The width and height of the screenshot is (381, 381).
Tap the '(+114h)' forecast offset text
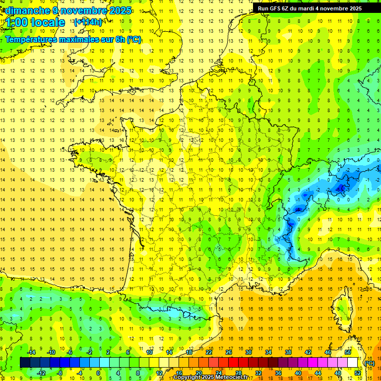88,22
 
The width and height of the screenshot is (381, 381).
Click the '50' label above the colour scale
348,352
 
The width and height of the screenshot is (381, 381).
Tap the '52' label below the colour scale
358,373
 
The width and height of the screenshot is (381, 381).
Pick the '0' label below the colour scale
98,373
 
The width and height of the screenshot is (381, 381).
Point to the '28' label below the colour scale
238,373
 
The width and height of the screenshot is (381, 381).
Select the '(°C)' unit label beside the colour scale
369,363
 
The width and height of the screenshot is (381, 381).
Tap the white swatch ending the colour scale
353,363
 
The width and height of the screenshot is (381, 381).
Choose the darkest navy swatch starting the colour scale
25,363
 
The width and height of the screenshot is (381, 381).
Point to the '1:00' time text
16,22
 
